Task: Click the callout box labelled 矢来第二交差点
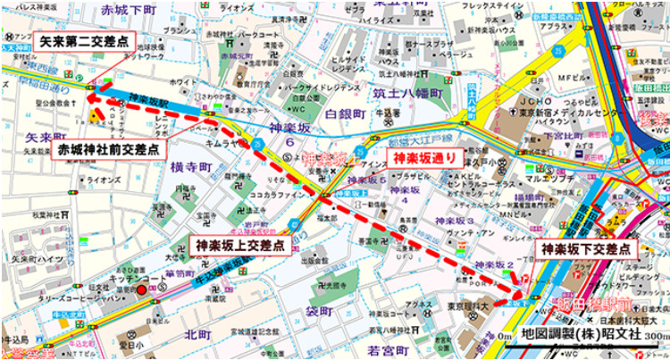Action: coord(83,41)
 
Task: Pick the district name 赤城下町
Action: coord(129,10)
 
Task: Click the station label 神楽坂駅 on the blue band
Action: coord(148,99)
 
